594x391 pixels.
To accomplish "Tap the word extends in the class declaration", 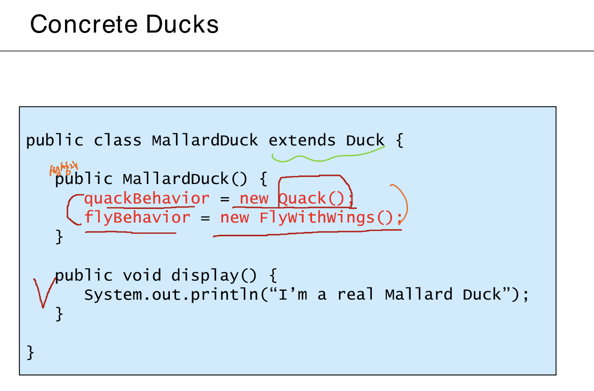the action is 302,140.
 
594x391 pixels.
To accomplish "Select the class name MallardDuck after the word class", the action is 205,140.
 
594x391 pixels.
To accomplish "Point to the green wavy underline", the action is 325,156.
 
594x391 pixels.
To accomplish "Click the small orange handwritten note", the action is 64,168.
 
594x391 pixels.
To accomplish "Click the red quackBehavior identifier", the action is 146,198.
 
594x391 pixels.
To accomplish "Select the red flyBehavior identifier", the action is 137,217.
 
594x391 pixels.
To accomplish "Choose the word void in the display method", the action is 142,275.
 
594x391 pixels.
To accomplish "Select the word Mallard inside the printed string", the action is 418,295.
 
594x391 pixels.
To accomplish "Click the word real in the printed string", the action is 355,295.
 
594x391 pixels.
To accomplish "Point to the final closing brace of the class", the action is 30,351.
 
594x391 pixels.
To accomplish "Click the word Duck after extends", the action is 365,140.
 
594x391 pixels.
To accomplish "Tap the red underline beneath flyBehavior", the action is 131,232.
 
